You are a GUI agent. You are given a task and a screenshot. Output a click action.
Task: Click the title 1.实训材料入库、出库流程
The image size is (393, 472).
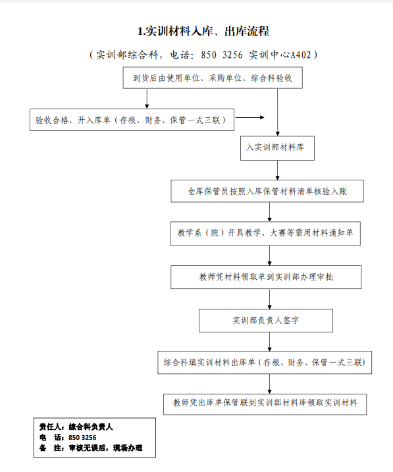pyautogui.click(x=203, y=32)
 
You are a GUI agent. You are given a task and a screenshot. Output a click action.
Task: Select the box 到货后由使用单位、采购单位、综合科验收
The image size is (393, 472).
pyautogui.click(x=213, y=78)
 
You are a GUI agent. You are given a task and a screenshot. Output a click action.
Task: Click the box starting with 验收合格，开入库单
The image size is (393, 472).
pyautogui.click(x=132, y=120)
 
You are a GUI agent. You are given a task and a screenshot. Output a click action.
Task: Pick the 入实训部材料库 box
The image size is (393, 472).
pyautogui.click(x=277, y=148)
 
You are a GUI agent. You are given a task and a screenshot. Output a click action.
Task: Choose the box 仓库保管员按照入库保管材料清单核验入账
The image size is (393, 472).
pyautogui.click(x=267, y=191)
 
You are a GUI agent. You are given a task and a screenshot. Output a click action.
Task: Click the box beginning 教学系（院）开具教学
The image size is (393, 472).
pyautogui.click(x=265, y=234)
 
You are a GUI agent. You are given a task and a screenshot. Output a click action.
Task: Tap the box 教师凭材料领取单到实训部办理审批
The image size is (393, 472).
pyautogui.click(x=266, y=277)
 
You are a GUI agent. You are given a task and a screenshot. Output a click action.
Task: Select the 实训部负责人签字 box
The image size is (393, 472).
pyautogui.click(x=266, y=321)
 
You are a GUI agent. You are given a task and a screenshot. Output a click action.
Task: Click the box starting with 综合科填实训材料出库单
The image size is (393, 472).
pyautogui.click(x=265, y=363)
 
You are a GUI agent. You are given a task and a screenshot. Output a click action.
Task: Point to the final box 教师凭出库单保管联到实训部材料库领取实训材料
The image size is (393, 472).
pyautogui.click(x=265, y=404)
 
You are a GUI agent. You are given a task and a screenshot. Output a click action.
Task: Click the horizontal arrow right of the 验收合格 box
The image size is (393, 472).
pyautogui.click(x=249, y=117)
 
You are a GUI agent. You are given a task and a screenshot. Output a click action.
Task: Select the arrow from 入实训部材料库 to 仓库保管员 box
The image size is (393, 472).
pyautogui.click(x=277, y=170)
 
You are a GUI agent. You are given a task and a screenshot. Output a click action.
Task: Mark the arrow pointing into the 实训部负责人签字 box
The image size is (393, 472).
pyautogui.click(x=270, y=299)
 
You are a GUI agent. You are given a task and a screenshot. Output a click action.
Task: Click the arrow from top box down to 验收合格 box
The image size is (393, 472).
pyautogui.click(x=147, y=99)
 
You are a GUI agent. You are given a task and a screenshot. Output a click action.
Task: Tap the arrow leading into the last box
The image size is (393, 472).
pyautogui.click(x=270, y=384)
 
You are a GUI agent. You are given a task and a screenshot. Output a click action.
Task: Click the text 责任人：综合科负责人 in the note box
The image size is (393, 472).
pyautogui.click(x=76, y=427)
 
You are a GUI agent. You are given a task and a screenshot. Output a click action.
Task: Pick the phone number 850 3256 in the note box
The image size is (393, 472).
pyautogui.click(x=82, y=437)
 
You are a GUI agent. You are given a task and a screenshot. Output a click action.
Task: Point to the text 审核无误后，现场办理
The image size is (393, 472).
pyautogui.click(x=105, y=448)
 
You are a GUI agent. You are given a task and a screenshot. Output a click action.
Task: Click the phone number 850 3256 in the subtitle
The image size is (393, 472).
pyautogui.click(x=222, y=55)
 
